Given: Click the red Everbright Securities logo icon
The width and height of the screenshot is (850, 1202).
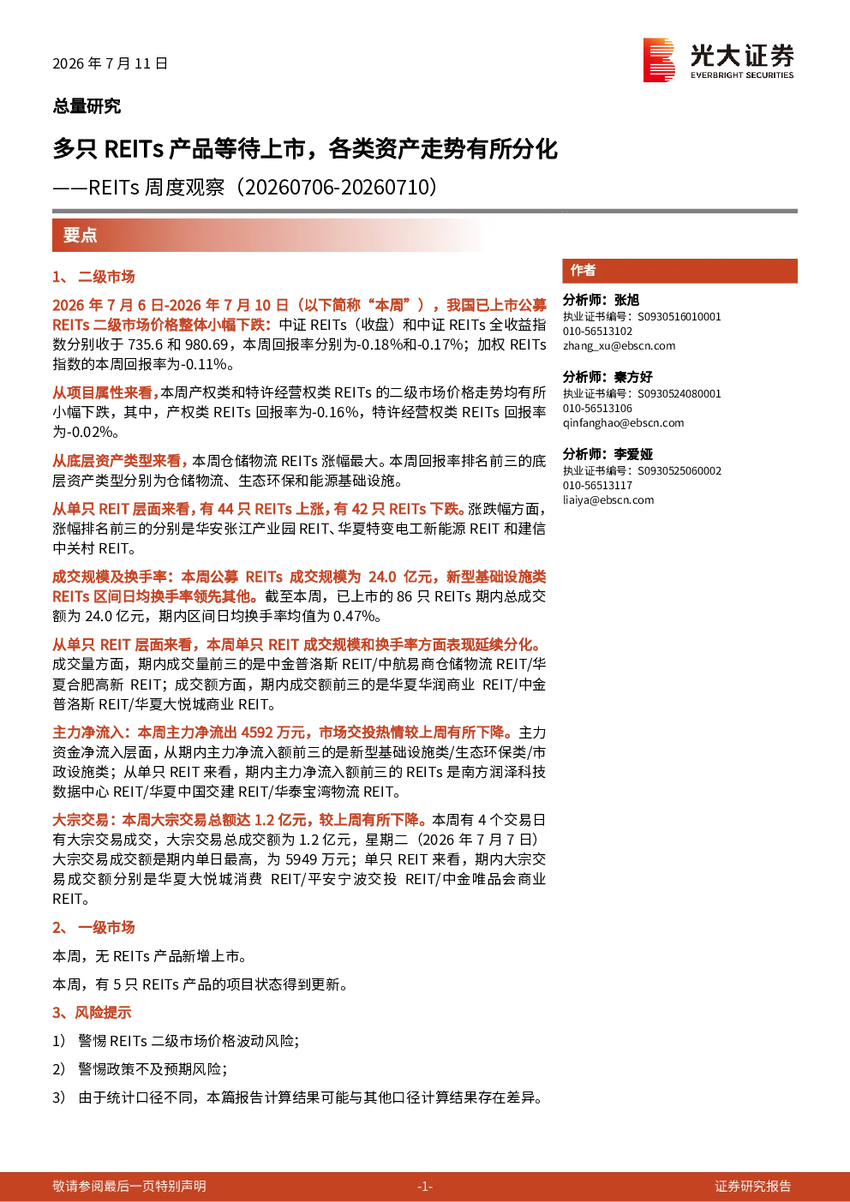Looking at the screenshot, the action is point(659,60).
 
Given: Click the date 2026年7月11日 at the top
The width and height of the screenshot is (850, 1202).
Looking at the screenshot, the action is point(110,63).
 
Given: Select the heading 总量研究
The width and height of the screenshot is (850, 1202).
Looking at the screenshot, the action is point(87,105).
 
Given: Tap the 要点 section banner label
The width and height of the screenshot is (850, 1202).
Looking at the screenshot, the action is point(80,235).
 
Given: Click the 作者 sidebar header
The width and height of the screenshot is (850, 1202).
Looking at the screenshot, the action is point(583,270).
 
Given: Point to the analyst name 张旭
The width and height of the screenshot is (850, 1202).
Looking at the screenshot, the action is point(626,300).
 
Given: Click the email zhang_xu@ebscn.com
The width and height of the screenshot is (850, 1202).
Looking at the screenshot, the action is point(619,346).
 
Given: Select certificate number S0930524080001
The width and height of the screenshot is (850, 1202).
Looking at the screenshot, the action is point(679,393).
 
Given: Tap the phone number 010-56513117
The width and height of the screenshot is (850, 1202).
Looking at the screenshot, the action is point(597,485).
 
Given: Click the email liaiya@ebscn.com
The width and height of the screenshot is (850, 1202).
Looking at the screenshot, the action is point(608,500).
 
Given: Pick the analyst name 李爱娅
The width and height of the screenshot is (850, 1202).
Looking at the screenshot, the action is point(633,455).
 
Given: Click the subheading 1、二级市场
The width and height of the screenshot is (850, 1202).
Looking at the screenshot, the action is point(93,277).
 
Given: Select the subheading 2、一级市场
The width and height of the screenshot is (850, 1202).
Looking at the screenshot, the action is point(93,927).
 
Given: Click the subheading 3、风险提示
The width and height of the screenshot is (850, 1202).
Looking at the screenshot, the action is point(92,1012).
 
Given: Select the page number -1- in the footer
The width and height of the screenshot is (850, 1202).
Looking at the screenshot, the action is point(425,1186).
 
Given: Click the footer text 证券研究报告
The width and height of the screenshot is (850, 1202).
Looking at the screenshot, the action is point(753,1186).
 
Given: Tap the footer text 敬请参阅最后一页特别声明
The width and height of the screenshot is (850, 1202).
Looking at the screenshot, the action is point(129,1186).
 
